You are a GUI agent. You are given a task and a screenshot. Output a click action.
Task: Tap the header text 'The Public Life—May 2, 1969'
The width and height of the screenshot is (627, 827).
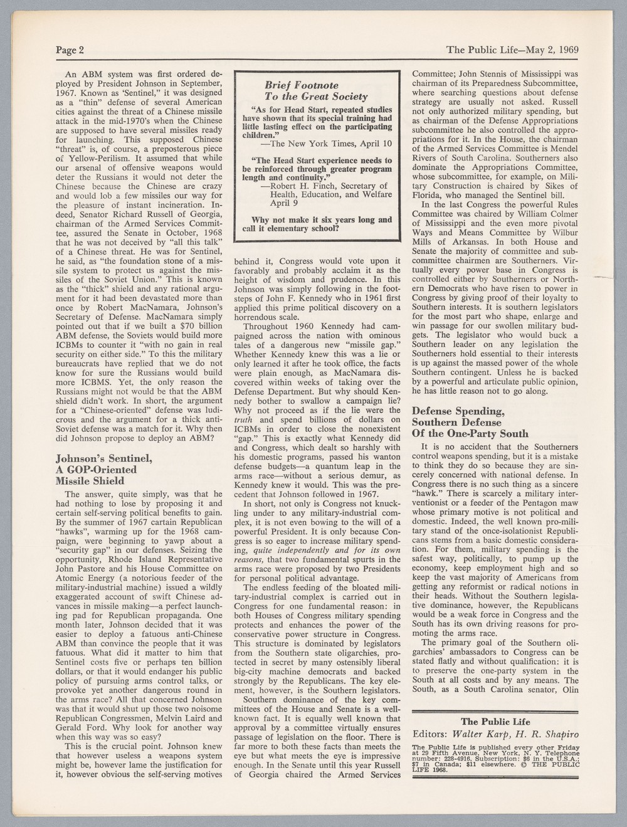[x=512, y=50]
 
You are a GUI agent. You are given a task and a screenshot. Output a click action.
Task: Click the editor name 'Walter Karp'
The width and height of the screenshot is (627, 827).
[x=481, y=734]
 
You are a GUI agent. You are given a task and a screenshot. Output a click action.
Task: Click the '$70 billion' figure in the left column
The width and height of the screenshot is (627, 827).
[x=199, y=328]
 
